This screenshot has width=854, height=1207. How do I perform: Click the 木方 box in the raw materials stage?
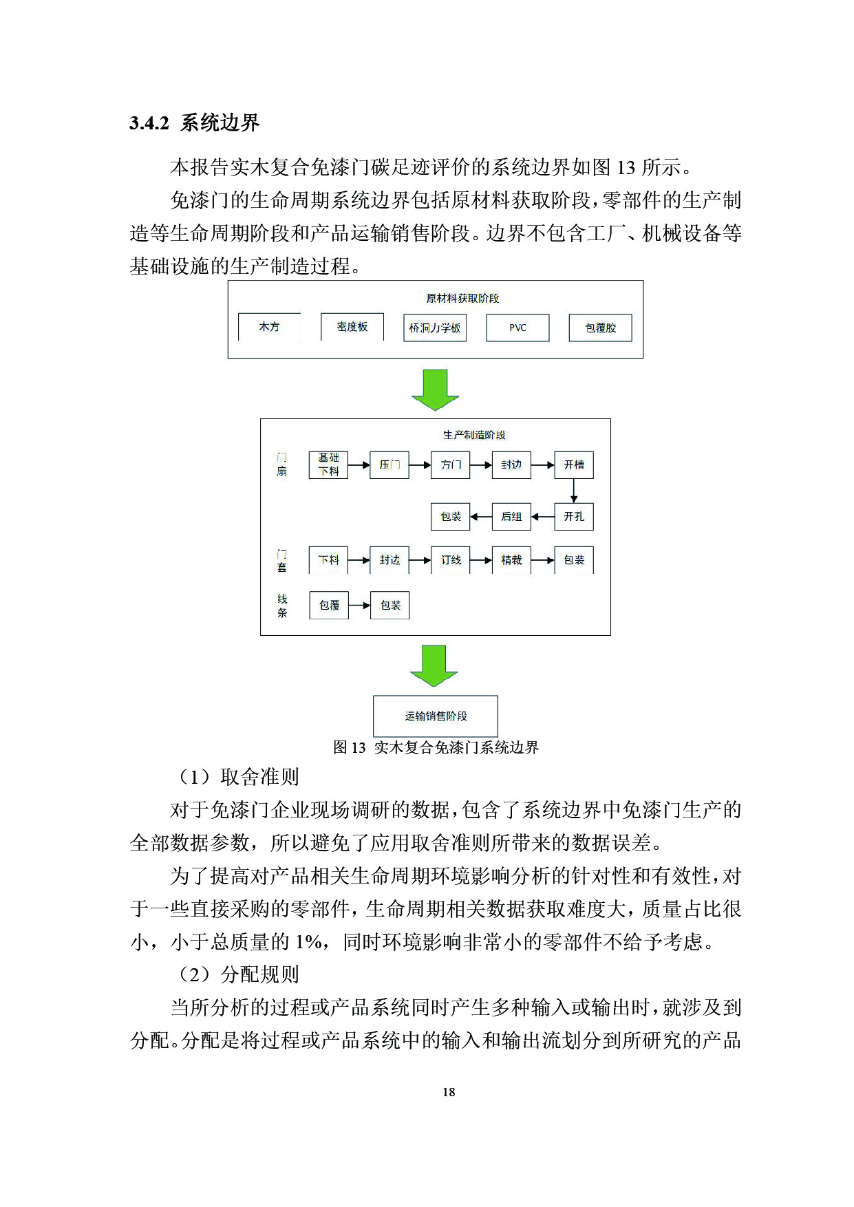click(x=269, y=327)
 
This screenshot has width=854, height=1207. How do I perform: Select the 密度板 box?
click(x=352, y=327)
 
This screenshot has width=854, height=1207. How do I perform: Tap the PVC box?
click(x=517, y=328)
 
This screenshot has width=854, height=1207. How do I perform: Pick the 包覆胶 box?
click(x=600, y=328)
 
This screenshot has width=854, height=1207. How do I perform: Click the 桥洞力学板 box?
click(x=435, y=328)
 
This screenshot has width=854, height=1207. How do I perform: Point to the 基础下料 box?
click(x=328, y=464)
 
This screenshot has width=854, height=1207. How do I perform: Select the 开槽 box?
click(x=573, y=464)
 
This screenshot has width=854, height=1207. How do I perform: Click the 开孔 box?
click(x=573, y=516)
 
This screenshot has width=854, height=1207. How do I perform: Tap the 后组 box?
click(x=511, y=516)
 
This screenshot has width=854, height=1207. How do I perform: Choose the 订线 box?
click(x=451, y=559)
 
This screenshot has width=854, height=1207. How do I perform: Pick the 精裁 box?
click(x=511, y=559)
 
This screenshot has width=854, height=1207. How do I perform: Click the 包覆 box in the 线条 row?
click(x=329, y=605)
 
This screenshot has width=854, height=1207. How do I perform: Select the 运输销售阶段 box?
click(x=435, y=716)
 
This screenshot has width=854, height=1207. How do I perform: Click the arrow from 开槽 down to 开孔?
click(x=573, y=490)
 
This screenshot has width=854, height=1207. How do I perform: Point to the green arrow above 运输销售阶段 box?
click(x=434, y=665)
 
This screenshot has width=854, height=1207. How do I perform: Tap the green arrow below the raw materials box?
click(x=435, y=389)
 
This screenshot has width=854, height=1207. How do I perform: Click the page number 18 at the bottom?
click(x=449, y=1092)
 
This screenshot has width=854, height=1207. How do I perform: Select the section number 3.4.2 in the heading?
click(x=149, y=123)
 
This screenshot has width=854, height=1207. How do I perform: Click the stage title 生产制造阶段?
click(x=474, y=435)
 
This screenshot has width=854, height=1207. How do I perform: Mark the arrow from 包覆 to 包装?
click(x=359, y=606)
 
